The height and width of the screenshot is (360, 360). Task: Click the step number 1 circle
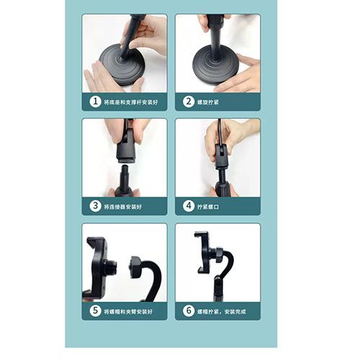(96, 102)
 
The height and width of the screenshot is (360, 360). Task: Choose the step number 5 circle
(96, 311)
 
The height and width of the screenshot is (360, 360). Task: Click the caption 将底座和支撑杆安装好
(130, 103)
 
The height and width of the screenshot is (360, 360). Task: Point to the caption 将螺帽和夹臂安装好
(130, 311)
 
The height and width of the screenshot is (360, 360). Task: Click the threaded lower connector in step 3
(124, 178)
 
